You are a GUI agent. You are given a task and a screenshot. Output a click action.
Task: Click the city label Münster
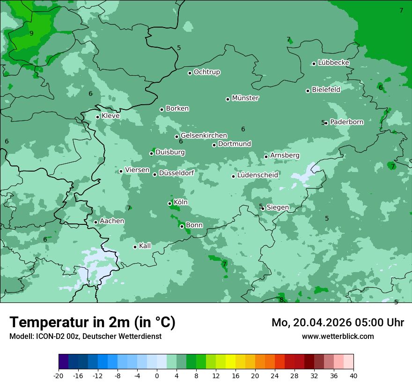pos(245,98)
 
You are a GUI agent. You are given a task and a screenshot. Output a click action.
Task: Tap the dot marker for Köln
pos(170,203)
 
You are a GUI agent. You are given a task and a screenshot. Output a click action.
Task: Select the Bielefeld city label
pos(326,90)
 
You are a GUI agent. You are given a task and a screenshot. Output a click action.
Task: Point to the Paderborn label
pos(346,122)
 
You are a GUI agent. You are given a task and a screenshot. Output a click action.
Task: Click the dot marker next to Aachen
pos(96,223)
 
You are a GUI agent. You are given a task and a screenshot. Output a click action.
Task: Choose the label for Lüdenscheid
pos(257,175)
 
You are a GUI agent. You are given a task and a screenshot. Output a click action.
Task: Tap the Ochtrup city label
pos(206,72)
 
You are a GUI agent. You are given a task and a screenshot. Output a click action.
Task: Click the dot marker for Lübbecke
pos(314,64)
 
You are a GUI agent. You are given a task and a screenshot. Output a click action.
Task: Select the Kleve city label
pos(110,116)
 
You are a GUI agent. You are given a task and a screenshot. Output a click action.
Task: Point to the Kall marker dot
pos(135,247)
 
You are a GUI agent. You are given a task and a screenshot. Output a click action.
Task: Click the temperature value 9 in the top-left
pos(31,33)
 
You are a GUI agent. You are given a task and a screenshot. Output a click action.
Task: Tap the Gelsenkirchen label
pos(204,136)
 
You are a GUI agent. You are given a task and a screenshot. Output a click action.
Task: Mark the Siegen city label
pos(278,208)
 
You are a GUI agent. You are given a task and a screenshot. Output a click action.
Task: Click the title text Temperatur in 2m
pos(92,323)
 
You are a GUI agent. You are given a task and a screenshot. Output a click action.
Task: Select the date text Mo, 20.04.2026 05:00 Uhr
pos(338,323)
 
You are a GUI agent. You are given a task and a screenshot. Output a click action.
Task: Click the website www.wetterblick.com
pos(338,336)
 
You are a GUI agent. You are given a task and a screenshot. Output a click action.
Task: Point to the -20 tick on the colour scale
pos(59,375)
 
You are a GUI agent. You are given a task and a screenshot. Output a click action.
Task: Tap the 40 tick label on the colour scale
pos(353,375)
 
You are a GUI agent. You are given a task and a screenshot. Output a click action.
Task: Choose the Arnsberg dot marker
pos(266,157)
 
